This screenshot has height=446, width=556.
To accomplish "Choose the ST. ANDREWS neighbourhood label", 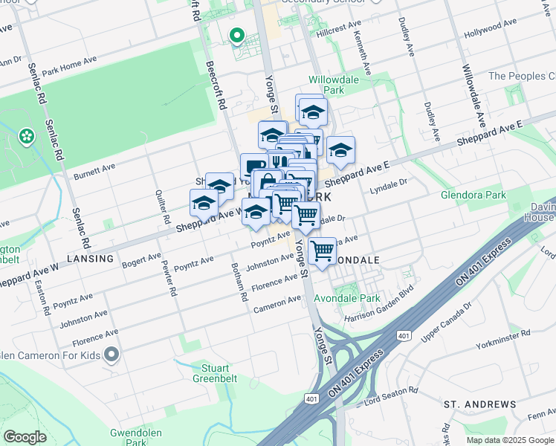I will pos(479,404).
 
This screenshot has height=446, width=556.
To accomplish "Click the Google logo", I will pos(25,437).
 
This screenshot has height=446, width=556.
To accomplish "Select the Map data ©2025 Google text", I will pos(509,440).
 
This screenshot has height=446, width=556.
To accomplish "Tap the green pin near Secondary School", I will pos(238,36).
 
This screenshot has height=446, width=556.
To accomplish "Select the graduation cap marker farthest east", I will pos(340,151).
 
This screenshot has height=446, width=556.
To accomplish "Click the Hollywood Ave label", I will pos(490,29).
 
